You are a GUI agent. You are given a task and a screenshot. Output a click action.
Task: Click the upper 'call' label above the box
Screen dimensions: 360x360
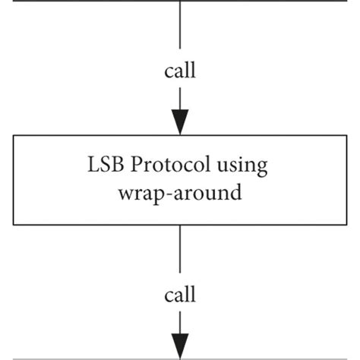pyautogui.click(x=180, y=71)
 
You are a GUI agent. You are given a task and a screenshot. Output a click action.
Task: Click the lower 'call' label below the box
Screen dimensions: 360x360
pyautogui.click(x=180, y=293)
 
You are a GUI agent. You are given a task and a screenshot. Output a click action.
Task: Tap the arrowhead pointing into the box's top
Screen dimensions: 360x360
pyautogui.click(x=180, y=122)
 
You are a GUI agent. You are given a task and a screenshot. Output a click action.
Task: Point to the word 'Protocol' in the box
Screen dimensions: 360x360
pyautogui.click(x=172, y=165)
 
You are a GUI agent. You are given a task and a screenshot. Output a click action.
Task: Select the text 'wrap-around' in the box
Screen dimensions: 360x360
pyautogui.click(x=180, y=192)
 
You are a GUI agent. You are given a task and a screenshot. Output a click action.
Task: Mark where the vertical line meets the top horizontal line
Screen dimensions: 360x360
pyautogui.click(x=180, y=2)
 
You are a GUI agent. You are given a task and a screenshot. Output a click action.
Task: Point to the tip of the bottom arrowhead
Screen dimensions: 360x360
pyautogui.click(x=180, y=356)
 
